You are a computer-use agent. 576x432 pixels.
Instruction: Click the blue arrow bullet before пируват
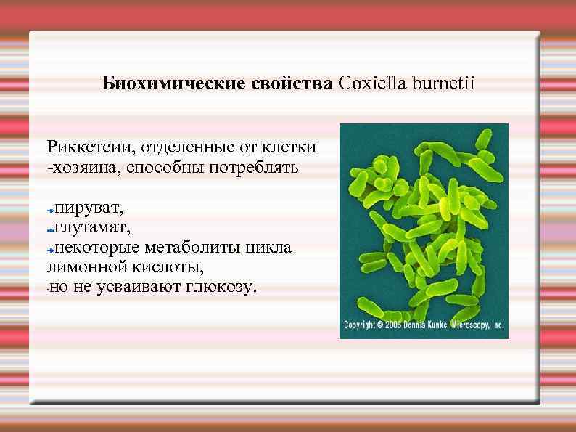(51, 209)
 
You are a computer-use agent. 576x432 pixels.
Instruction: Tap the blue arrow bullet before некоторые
(51, 249)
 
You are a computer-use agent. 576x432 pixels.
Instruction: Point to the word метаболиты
(197, 248)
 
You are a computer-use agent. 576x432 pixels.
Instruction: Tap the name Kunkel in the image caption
(443, 325)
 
